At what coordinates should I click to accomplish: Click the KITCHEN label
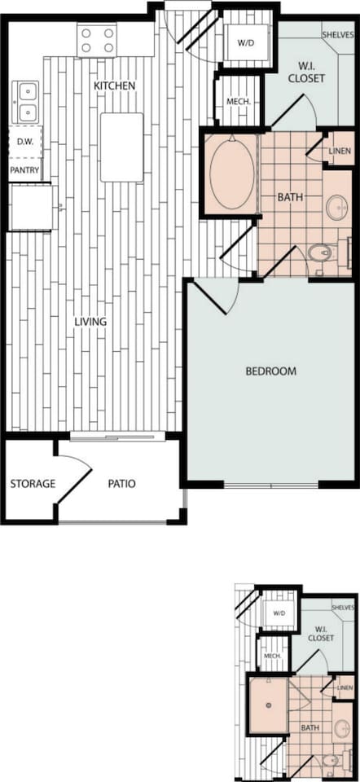point(115,86)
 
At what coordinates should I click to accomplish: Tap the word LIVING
point(90,322)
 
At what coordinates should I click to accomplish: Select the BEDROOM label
point(271,371)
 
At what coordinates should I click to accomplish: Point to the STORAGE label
point(33,483)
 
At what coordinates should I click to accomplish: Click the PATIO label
point(122,483)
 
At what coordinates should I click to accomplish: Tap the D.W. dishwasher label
point(25,142)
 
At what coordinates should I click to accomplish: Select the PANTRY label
point(24,170)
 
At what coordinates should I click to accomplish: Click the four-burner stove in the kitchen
point(97,41)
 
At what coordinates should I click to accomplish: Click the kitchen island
point(121,147)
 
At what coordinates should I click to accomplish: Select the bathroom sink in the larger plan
point(337,206)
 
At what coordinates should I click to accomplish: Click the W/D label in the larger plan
point(245,43)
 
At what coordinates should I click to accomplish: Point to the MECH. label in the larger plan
point(238,101)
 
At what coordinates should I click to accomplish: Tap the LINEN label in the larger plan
point(340,152)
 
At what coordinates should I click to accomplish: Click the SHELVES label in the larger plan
point(337,34)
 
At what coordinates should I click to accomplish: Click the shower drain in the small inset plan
point(269,705)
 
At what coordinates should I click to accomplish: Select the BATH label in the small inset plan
point(310,728)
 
